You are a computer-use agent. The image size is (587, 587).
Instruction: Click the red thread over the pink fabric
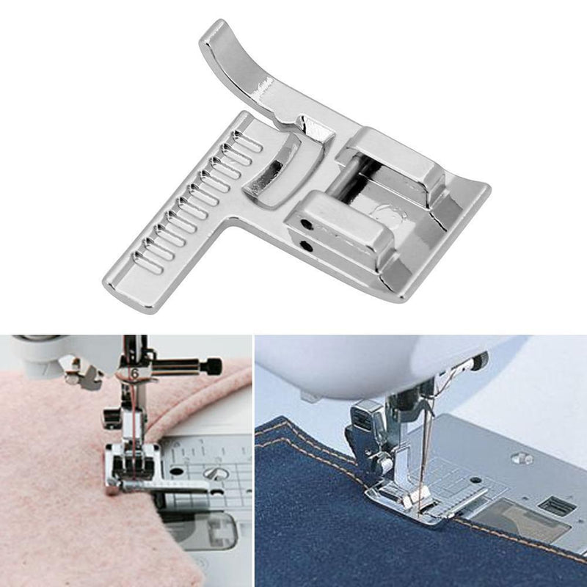point(132,426)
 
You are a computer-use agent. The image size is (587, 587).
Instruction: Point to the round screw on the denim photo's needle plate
point(522,458)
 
